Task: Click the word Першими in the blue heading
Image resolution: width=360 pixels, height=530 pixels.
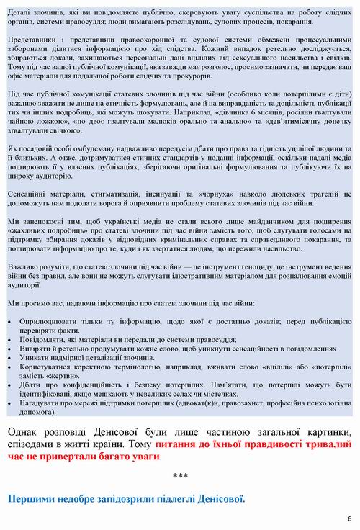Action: click(34, 498)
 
